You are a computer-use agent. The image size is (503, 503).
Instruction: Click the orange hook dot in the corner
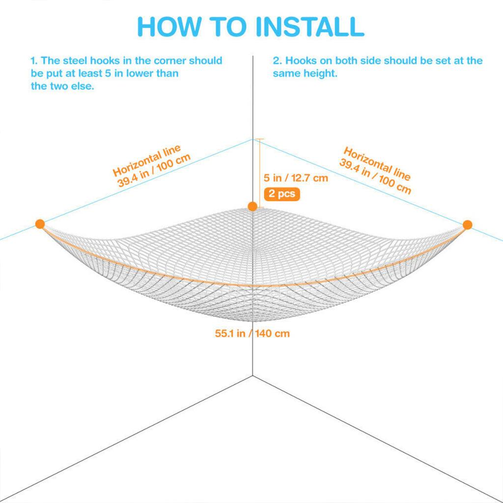tap(252, 207)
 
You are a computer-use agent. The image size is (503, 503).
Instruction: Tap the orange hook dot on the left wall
tap(40, 224)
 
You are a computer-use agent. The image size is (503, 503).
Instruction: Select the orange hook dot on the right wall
tap(468, 224)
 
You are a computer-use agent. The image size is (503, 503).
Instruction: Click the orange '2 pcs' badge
tap(281, 194)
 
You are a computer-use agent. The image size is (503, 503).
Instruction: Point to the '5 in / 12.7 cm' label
tap(296, 178)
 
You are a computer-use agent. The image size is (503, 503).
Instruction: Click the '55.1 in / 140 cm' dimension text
tap(252, 334)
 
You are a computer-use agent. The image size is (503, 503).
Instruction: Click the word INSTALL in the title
tap(310, 27)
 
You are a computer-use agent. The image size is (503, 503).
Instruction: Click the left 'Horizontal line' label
tap(146, 161)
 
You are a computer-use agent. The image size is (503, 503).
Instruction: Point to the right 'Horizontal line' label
tap(377, 164)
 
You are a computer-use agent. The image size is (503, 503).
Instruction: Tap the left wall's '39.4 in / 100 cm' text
tap(154, 170)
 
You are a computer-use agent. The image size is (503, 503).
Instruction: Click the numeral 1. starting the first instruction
tap(34, 60)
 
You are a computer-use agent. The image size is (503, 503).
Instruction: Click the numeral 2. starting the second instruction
tap(277, 60)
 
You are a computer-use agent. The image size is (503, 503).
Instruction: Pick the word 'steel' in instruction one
tap(75, 60)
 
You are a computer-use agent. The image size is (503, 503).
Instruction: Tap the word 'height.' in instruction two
tap(320, 74)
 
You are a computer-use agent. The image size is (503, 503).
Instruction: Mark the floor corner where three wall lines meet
tap(253, 375)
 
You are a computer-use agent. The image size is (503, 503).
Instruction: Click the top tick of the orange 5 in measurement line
tap(260, 139)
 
